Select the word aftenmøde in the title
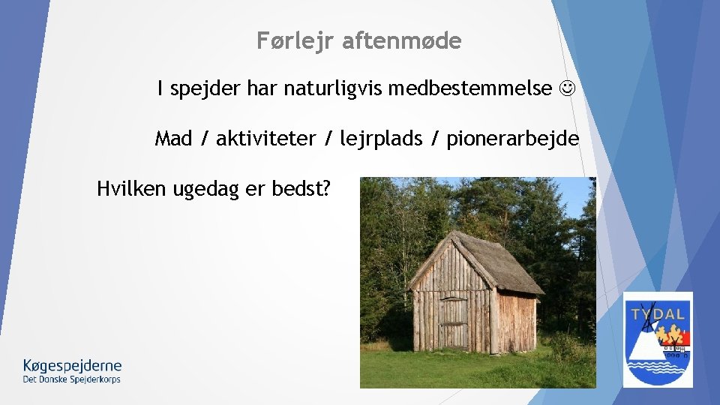tap(401, 41)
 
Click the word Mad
tap(173, 139)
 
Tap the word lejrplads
tap(381, 139)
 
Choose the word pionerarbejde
tap(513, 139)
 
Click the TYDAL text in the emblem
tap(658, 313)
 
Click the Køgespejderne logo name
tap(72, 366)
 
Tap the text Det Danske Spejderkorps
tap(72, 379)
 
